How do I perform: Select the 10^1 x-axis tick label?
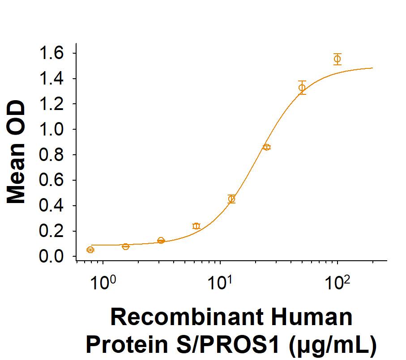(220, 283)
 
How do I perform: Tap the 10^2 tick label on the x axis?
(338, 283)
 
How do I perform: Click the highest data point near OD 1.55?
(338, 59)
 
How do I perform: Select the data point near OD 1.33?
(302, 88)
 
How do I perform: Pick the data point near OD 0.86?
(267, 147)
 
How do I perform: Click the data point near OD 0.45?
(231, 199)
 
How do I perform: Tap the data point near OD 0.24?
(196, 226)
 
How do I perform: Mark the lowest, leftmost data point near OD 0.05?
(90, 250)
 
